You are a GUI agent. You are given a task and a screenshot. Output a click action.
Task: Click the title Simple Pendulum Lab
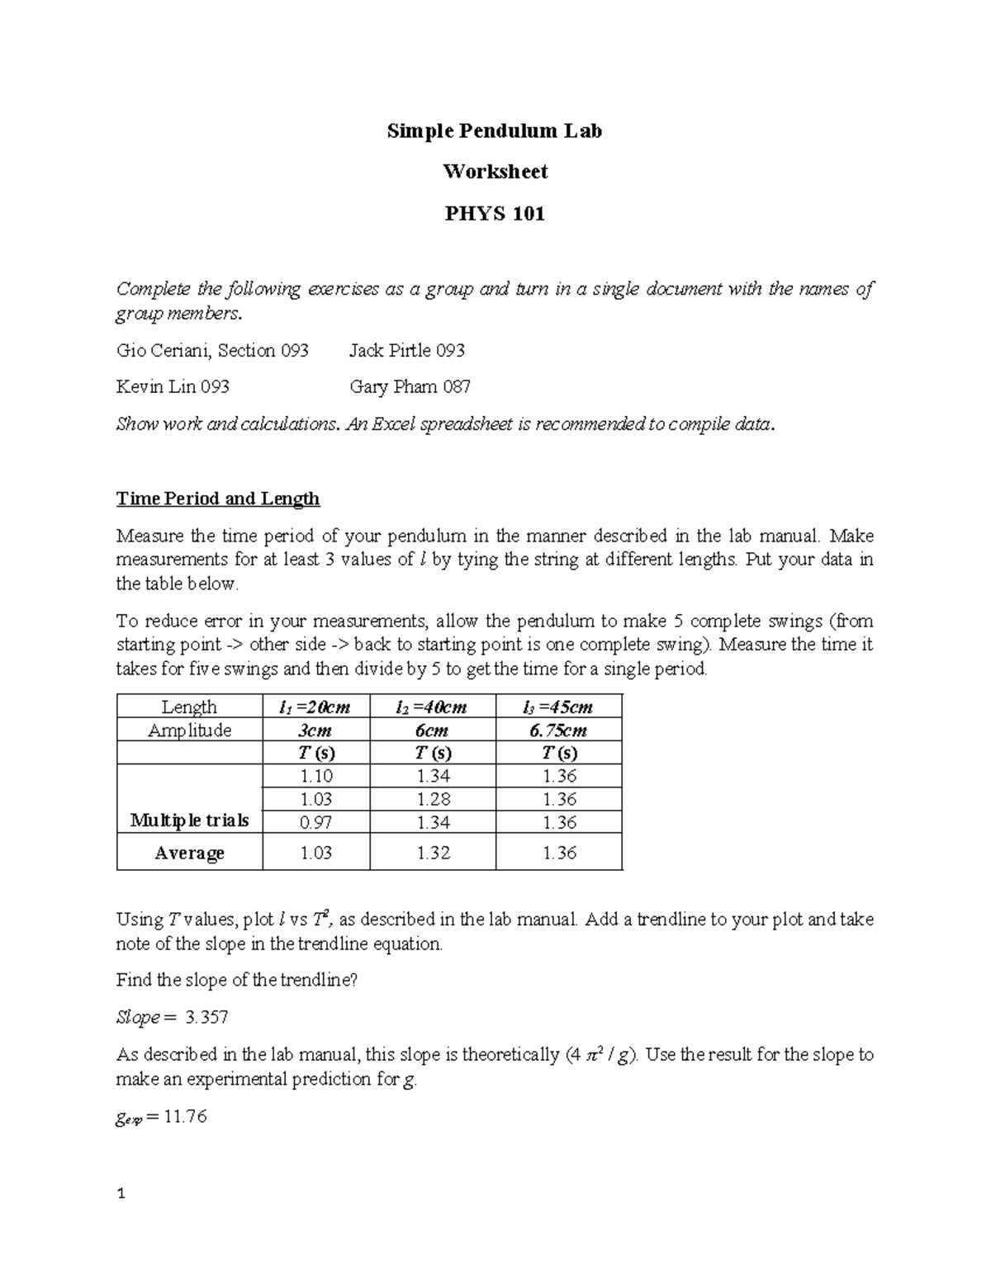click(495, 130)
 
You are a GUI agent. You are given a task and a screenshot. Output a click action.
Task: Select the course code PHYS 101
click(495, 215)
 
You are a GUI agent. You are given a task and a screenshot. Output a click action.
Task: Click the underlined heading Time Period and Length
click(218, 499)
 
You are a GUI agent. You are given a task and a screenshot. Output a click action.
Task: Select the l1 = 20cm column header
click(315, 707)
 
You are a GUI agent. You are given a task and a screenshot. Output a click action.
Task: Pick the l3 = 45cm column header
click(558, 707)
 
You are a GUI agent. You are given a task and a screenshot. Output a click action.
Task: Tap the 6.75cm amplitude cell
click(559, 730)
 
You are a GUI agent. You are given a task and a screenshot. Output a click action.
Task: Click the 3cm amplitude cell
click(315, 730)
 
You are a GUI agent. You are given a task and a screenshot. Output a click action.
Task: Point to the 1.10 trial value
click(315, 776)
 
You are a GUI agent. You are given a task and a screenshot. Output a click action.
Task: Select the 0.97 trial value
click(315, 822)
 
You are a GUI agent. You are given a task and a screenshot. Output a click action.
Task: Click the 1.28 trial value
click(434, 799)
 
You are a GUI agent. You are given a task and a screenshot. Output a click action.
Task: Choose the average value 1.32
click(434, 853)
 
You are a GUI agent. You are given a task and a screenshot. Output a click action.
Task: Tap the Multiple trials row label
click(189, 821)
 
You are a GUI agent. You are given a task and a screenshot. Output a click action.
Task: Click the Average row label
click(189, 853)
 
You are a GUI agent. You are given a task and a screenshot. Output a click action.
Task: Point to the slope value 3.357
click(207, 1018)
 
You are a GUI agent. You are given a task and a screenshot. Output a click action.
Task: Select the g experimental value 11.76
click(185, 1117)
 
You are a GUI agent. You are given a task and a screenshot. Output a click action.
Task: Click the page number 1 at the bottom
click(121, 1193)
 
